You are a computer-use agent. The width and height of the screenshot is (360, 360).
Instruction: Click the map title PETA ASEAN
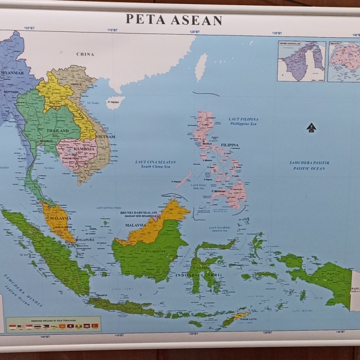(x=174, y=20)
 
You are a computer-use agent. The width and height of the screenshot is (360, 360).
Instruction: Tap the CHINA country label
(x=85, y=54)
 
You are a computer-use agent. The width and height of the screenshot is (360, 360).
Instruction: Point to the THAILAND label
(x=58, y=131)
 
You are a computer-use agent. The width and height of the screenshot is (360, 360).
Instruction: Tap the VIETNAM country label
(x=105, y=137)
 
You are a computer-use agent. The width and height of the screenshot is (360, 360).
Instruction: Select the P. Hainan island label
(x=115, y=102)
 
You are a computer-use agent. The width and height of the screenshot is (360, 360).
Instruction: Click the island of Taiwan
(x=201, y=67)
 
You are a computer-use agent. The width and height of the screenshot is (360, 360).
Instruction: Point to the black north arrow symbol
(x=310, y=127)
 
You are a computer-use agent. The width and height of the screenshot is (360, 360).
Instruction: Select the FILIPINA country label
(x=229, y=145)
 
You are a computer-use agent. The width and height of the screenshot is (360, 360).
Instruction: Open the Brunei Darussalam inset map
(x=301, y=61)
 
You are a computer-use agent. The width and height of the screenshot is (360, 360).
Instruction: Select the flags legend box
(x=53, y=324)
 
